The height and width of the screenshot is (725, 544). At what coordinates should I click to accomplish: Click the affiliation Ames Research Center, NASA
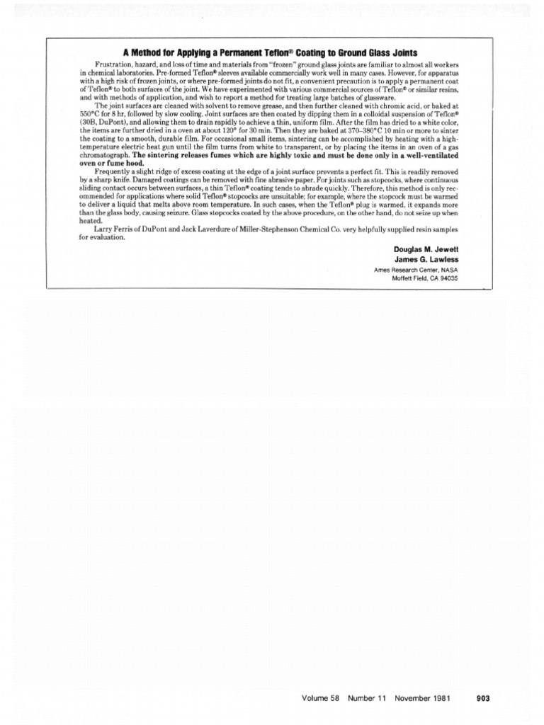416,270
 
